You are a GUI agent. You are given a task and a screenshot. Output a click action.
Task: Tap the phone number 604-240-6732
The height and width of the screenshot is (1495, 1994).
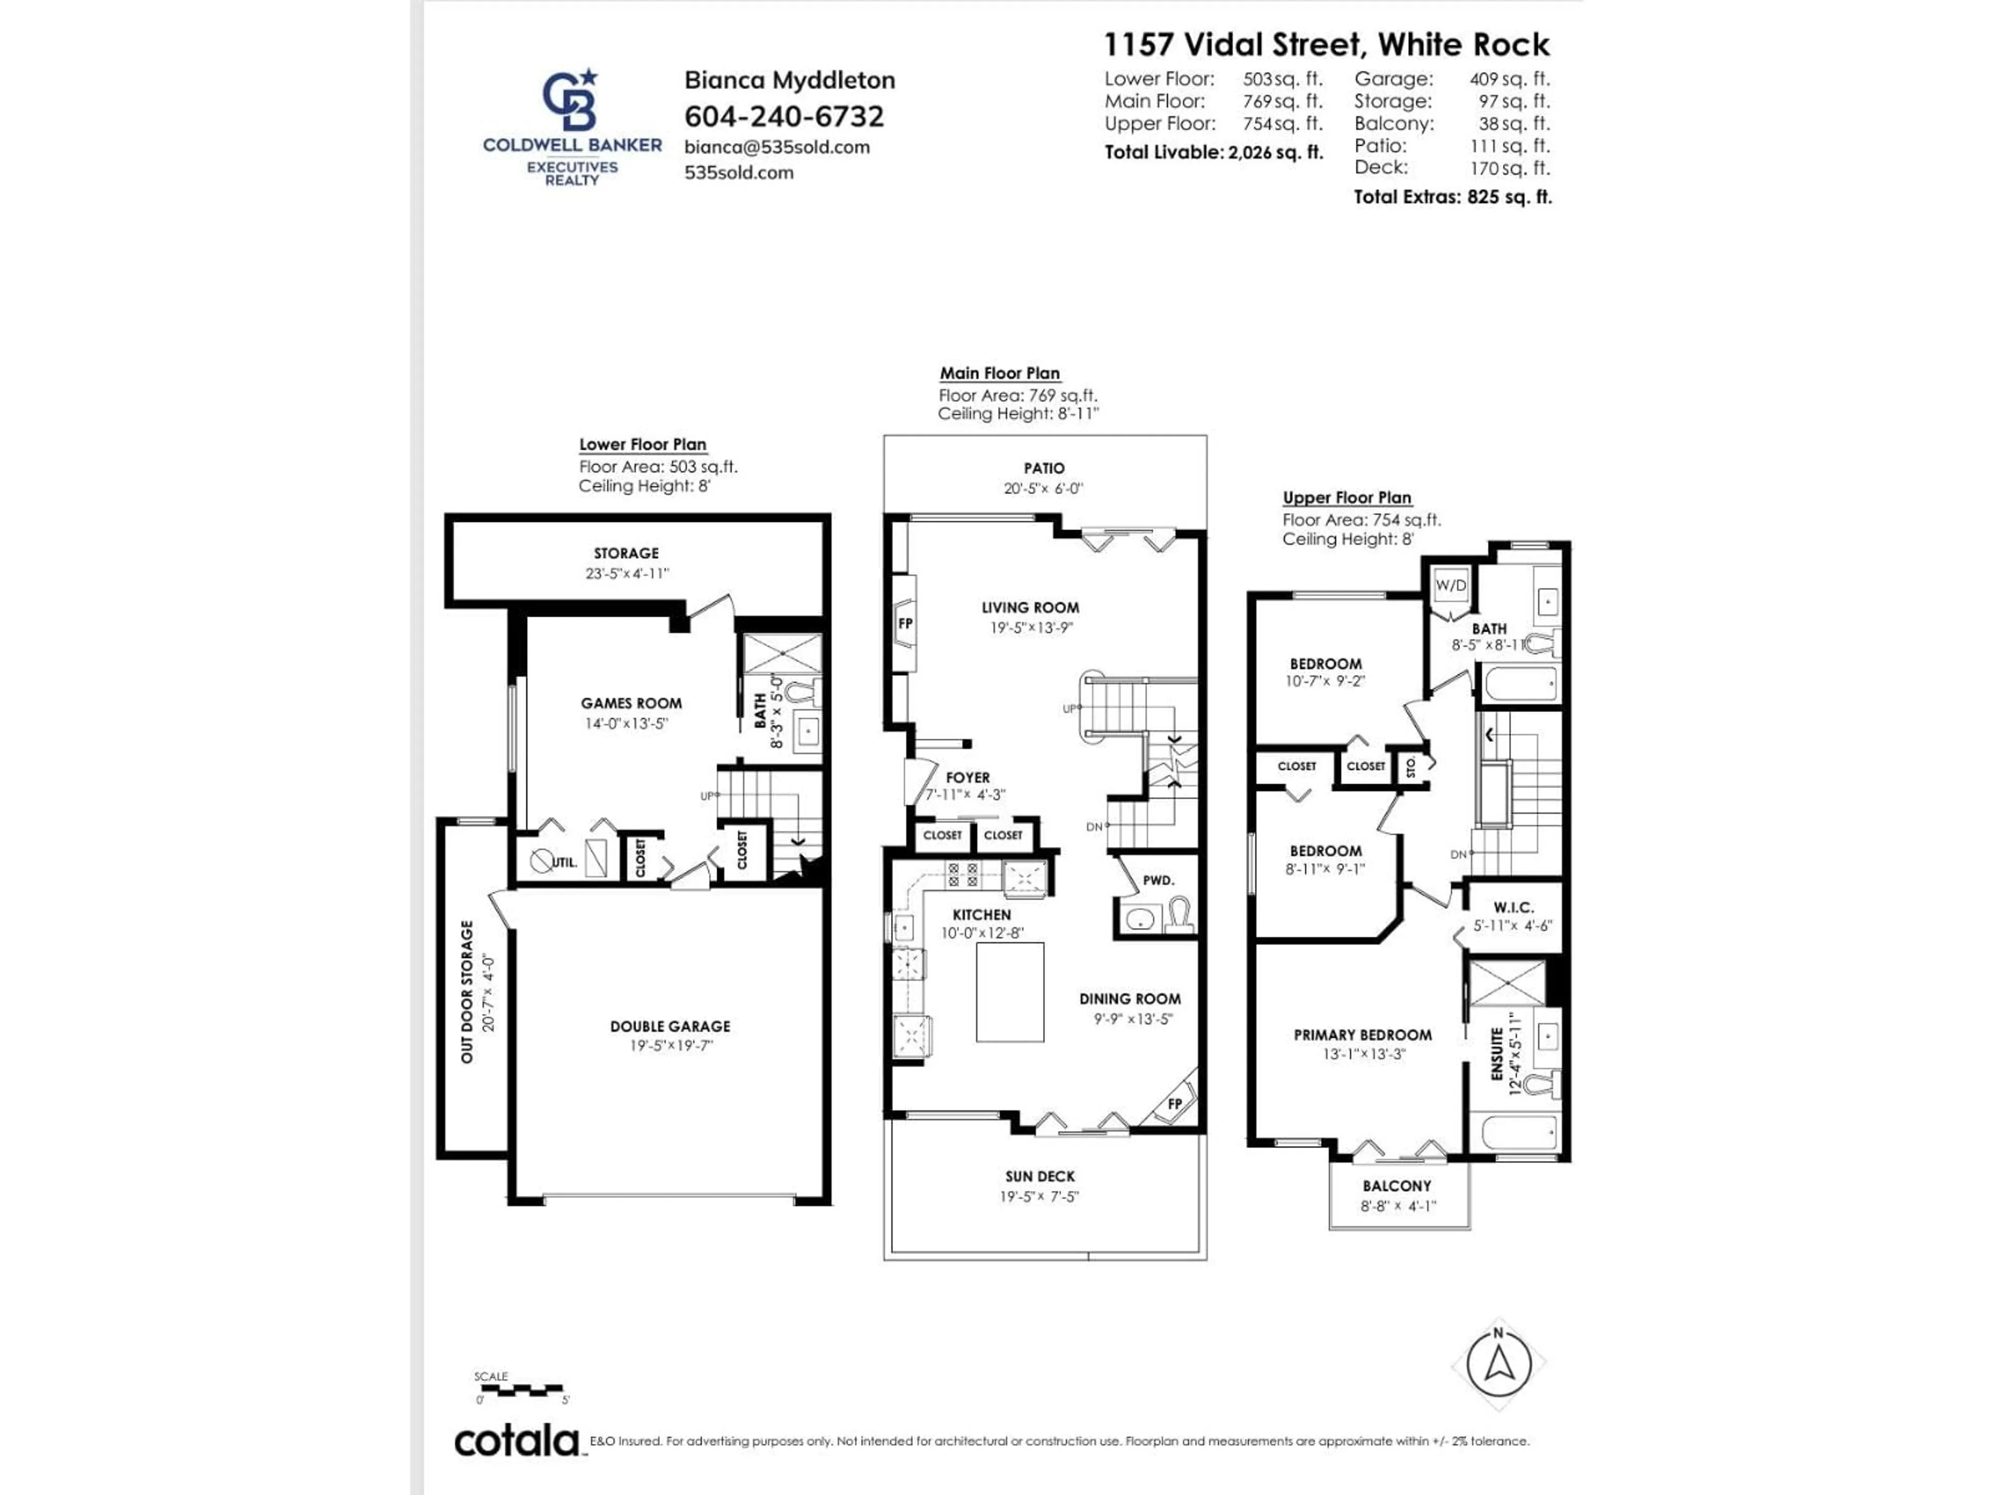pyautogui.click(x=784, y=116)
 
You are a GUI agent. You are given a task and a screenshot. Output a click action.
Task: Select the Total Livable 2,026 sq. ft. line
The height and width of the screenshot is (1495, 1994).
pyautogui.click(x=1214, y=152)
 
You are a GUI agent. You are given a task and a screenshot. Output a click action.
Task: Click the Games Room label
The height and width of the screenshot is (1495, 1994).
pyautogui.click(x=631, y=703)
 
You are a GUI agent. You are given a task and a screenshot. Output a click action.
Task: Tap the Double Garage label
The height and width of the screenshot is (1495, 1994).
pyautogui.click(x=670, y=1026)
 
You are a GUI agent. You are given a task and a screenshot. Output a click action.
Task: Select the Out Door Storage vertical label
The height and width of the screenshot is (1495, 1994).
pyautogui.click(x=467, y=991)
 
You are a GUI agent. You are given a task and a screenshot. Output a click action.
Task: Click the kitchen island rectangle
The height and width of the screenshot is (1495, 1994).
pyautogui.click(x=1009, y=992)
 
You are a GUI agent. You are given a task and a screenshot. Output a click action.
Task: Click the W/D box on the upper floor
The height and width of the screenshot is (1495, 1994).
pyautogui.click(x=1450, y=585)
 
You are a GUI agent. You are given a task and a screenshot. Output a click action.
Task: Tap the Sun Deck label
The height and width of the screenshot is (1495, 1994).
pyautogui.click(x=1040, y=1176)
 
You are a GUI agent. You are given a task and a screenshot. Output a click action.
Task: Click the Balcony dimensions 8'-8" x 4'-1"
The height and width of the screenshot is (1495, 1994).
pyautogui.click(x=1397, y=1206)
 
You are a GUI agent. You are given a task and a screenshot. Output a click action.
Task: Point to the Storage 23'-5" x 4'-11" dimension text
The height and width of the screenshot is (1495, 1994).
pyautogui.click(x=627, y=573)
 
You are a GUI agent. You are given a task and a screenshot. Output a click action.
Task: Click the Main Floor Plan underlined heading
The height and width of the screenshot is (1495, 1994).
pyautogui.click(x=1000, y=373)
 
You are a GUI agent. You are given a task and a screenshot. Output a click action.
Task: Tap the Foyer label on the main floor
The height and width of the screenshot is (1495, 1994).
pyautogui.click(x=967, y=777)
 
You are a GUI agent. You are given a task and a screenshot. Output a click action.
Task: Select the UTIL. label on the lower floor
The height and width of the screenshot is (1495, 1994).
pyautogui.click(x=563, y=862)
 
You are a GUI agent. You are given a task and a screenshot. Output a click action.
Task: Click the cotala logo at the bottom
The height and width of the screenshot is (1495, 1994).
pyautogui.click(x=517, y=1442)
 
